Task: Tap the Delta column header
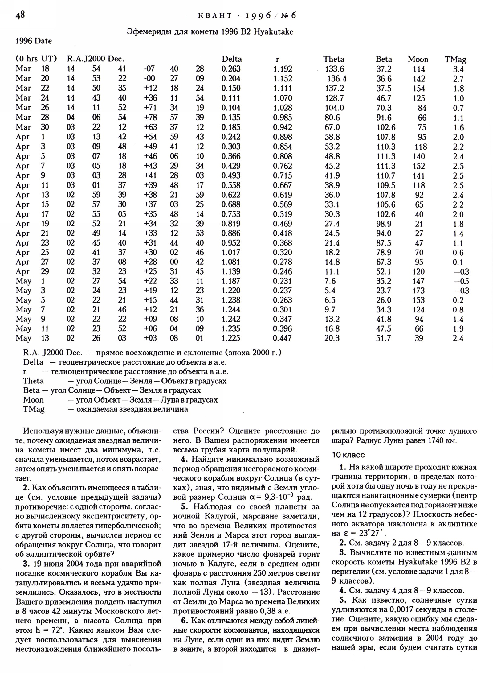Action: pyautogui.click(x=232, y=59)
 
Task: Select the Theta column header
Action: pyautogui.click(x=334, y=59)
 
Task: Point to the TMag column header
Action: pyautogui.click(x=455, y=60)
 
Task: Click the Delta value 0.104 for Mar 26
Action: pyautogui.click(x=231, y=108)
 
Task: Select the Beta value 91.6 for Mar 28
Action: pyautogui.click(x=384, y=118)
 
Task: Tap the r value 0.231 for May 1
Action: pyautogui.click(x=282, y=281)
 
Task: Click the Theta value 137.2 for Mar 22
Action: pyautogui.click(x=334, y=89)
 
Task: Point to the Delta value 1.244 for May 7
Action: pyautogui.click(x=231, y=310)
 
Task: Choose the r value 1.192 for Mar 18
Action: pyautogui.click(x=283, y=69)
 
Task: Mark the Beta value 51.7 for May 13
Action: pyautogui.click(x=384, y=338)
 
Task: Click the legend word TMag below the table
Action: pyautogui.click(x=34, y=410)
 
